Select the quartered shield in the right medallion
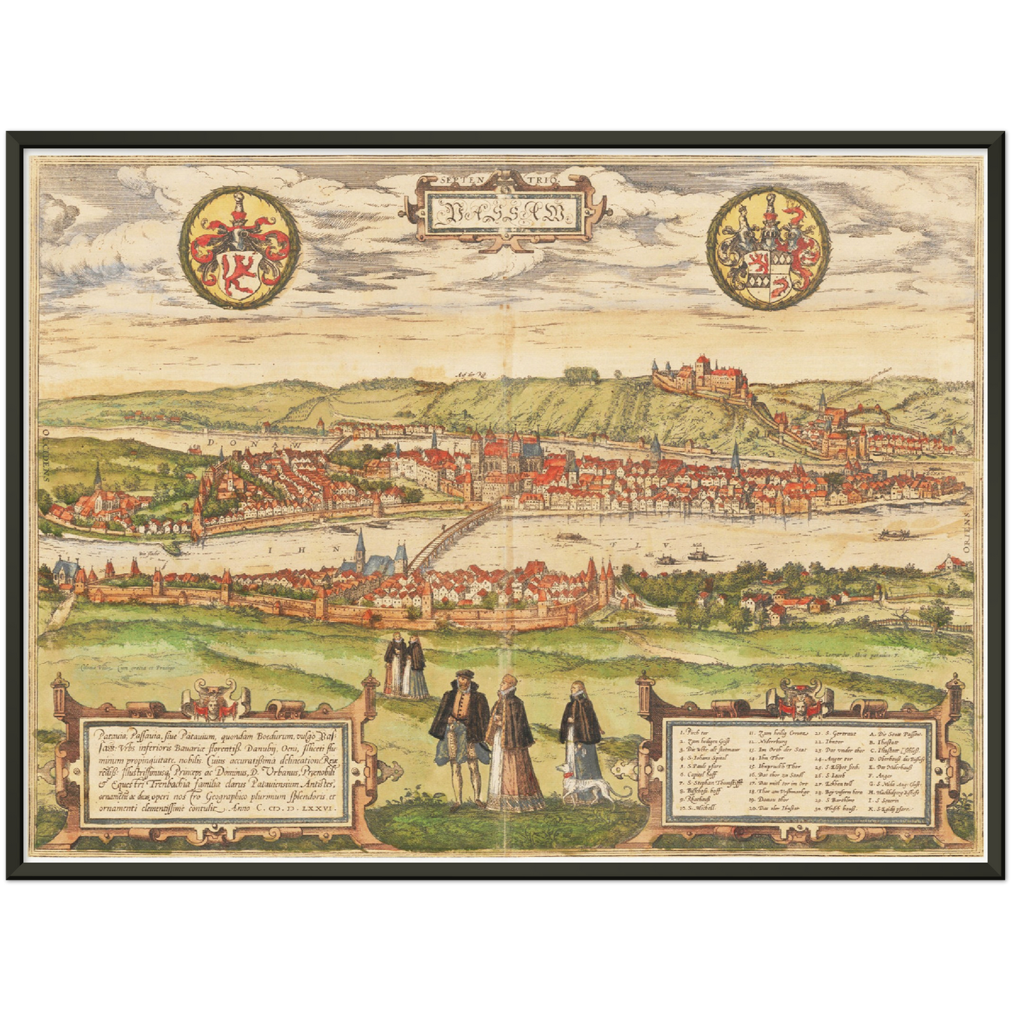click(x=763, y=270)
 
